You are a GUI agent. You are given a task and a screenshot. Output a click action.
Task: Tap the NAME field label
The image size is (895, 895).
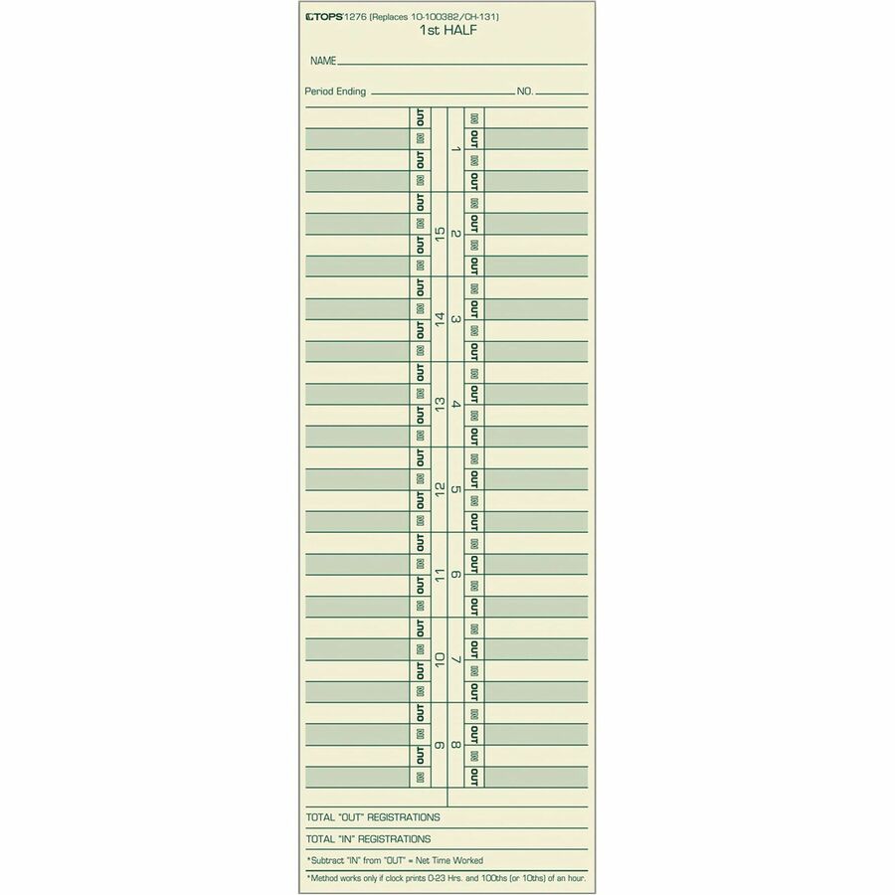point(323,62)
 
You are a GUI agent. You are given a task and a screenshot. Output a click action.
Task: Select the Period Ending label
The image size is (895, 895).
point(335,91)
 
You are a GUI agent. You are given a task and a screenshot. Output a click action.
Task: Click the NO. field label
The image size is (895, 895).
point(525,91)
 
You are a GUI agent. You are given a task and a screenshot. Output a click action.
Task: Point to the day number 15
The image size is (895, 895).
point(440,235)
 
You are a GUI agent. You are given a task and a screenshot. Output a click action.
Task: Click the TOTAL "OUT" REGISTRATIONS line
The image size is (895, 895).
point(373,817)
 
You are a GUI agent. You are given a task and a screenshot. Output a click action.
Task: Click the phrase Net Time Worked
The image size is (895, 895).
point(447,860)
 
